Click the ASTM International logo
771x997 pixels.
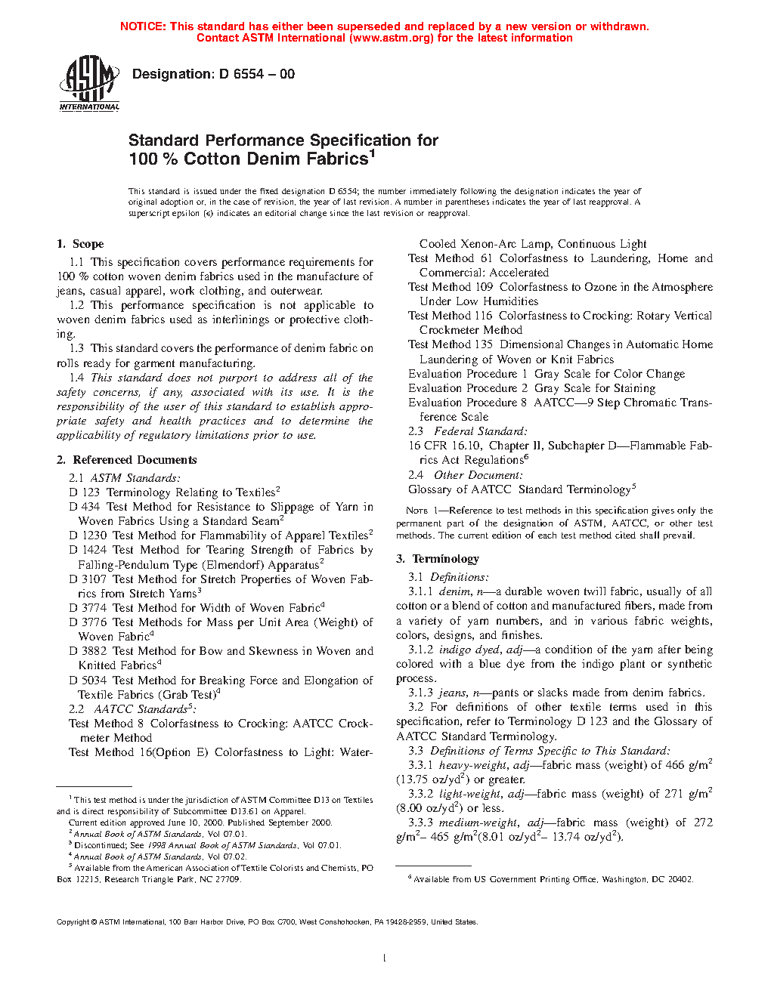click(89, 84)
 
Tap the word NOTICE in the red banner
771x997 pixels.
click(143, 26)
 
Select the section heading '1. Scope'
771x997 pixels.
click(80, 244)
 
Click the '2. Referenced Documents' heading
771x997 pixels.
click(127, 460)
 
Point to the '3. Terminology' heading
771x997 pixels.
click(438, 559)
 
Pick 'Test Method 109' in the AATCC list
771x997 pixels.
click(451, 287)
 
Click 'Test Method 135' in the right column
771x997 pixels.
click(451, 344)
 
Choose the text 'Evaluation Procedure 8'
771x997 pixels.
click(467, 403)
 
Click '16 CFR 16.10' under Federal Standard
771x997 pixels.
click(444, 446)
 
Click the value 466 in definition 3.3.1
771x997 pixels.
click(675, 765)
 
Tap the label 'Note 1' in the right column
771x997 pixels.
click(416, 511)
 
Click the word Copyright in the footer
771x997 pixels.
click(73, 922)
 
